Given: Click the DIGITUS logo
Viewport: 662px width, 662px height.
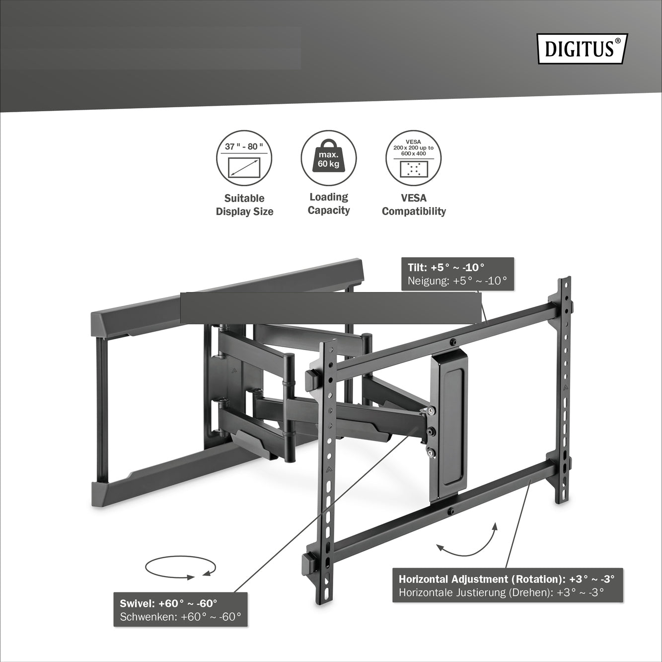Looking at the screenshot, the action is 583,49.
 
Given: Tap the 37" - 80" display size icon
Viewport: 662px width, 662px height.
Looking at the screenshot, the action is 244,158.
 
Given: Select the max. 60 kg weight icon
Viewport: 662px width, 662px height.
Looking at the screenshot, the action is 329,158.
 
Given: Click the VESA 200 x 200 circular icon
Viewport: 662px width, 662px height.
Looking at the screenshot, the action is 413,158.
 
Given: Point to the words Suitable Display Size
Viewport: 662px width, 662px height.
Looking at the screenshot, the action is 245,205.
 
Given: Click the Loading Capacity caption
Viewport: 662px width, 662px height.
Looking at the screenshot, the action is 329,204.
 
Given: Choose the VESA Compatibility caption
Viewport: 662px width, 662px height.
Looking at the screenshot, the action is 414,205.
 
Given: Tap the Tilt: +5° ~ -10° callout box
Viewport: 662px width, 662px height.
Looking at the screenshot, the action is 457,274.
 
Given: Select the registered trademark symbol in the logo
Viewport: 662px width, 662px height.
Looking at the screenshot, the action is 617,41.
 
